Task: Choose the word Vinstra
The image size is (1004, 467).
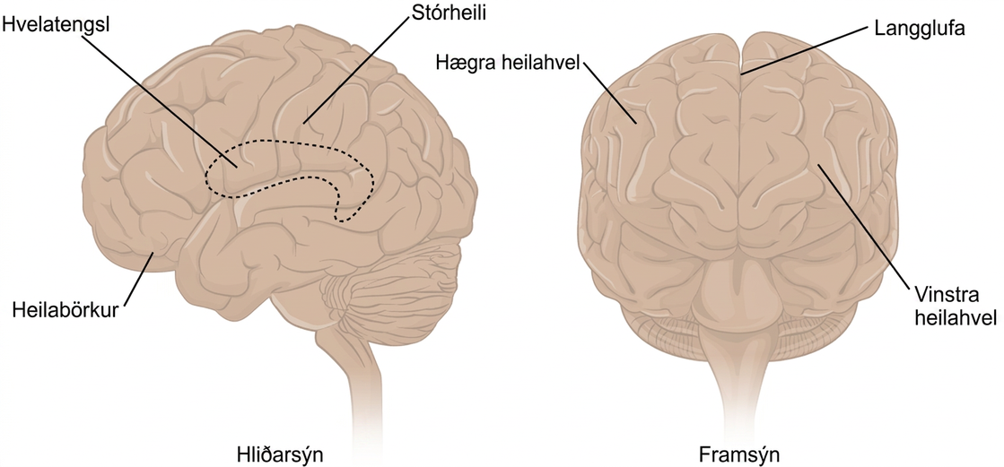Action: [x=940, y=295]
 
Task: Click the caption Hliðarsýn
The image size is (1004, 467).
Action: [x=277, y=455]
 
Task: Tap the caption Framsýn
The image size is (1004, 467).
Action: [x=739, y=455]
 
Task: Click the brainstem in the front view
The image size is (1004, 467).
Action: [x=739, y=359]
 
